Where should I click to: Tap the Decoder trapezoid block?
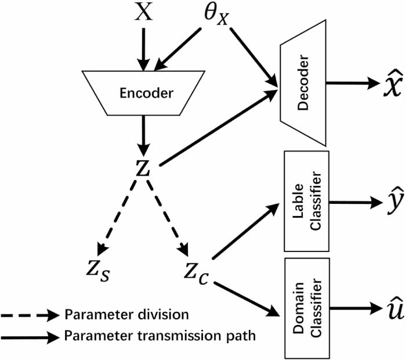coord(303,82)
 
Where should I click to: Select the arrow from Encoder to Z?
coord(142,134)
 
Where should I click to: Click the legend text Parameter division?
coord(127,315)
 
